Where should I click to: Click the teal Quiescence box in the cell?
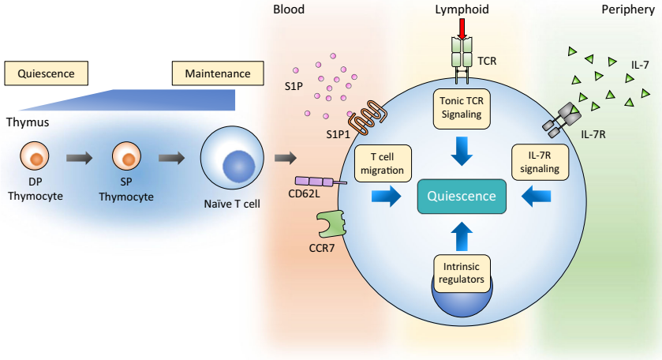[462, 196]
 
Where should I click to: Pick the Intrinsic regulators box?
[462, 272]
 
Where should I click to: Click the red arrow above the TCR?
[462, 28]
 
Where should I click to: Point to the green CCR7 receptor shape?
[332, 223]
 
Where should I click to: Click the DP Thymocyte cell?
[35, 158]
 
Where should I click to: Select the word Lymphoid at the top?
[462, 9]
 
